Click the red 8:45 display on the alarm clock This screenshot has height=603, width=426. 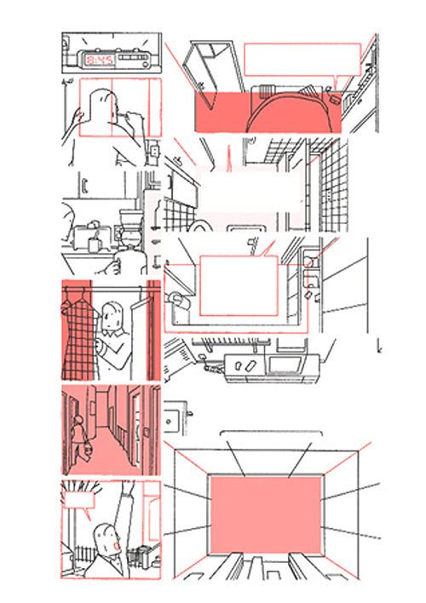click(x=100, y=60)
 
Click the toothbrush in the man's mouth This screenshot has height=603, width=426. click(x=124, y=114)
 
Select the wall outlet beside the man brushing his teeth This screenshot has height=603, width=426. click(x=155, y=151)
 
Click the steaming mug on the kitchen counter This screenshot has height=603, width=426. click(x=95, y=244)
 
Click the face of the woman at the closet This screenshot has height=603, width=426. click(x=112, y=317)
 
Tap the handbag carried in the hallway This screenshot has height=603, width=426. click(x=88, y=448)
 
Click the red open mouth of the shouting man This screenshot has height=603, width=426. click(x=117, y=545)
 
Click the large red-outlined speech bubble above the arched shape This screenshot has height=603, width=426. click(x=302, y=60)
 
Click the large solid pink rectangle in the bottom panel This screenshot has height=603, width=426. click(x=266, y=514)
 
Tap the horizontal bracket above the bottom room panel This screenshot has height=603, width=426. click(x=271, y=432)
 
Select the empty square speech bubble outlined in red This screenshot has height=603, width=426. click(x=239, y=285)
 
